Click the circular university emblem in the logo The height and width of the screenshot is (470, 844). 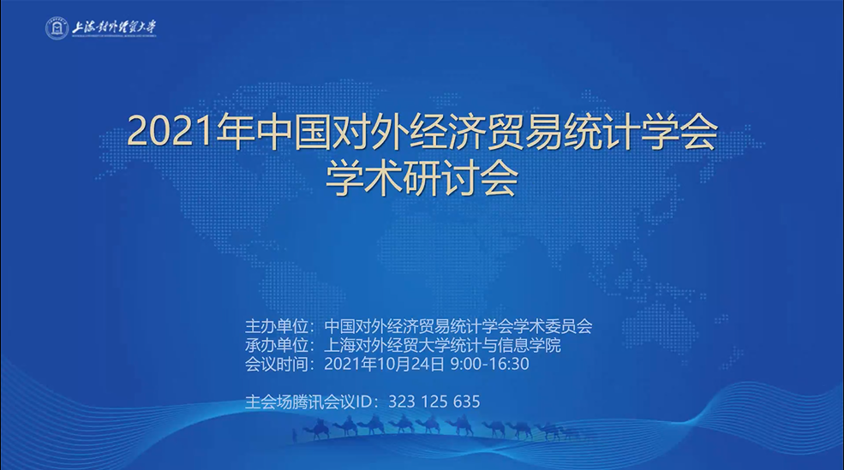coord(57,28)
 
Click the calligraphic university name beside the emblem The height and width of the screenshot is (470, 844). coord(114,27)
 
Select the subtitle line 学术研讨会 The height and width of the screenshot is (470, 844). coord(422,179)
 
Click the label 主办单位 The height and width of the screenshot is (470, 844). coord(277,326)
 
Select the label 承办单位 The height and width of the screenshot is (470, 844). coord(277,345)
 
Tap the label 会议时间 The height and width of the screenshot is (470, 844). coord(277,364)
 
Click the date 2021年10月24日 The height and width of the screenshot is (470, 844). coord(385,364)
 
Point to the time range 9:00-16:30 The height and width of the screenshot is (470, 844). coord(490,364)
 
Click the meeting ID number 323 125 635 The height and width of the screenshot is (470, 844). coord(434,402)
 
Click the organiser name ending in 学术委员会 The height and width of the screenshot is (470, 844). coord(458,326)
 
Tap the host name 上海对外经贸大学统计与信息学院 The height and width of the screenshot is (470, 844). coord(442,345)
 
